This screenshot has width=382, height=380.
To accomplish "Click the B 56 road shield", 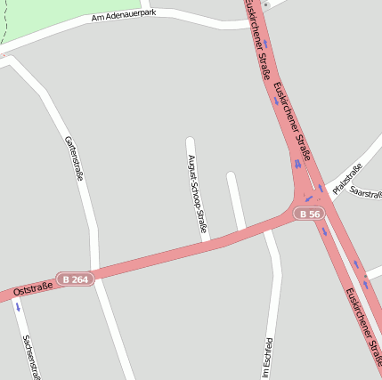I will tap(309, 214).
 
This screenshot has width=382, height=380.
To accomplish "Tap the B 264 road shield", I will tap(75, 279).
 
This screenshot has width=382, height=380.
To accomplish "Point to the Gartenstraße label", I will tap(74, 158).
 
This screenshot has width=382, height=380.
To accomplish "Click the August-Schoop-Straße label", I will tap(197, 194).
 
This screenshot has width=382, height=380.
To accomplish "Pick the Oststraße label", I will tap(34, 288).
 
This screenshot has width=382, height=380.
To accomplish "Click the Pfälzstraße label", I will tap(347, 179).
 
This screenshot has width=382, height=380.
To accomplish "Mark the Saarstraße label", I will tap(366, 192).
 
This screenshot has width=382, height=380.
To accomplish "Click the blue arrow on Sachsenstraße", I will tap(18, 307).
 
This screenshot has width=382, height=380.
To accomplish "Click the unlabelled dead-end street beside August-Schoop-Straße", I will tap(236, 200).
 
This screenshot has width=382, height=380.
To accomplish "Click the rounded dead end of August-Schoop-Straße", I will tap(190, 141).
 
